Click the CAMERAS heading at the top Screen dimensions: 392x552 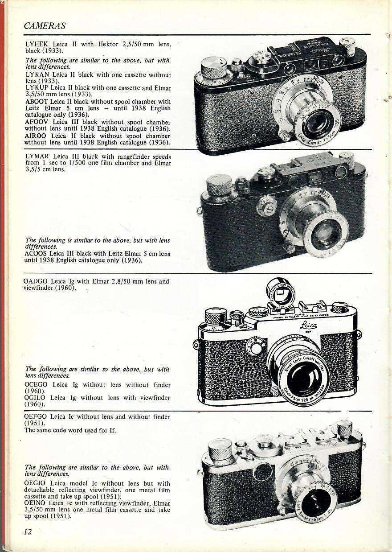45,25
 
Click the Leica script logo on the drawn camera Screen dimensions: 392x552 309,326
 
